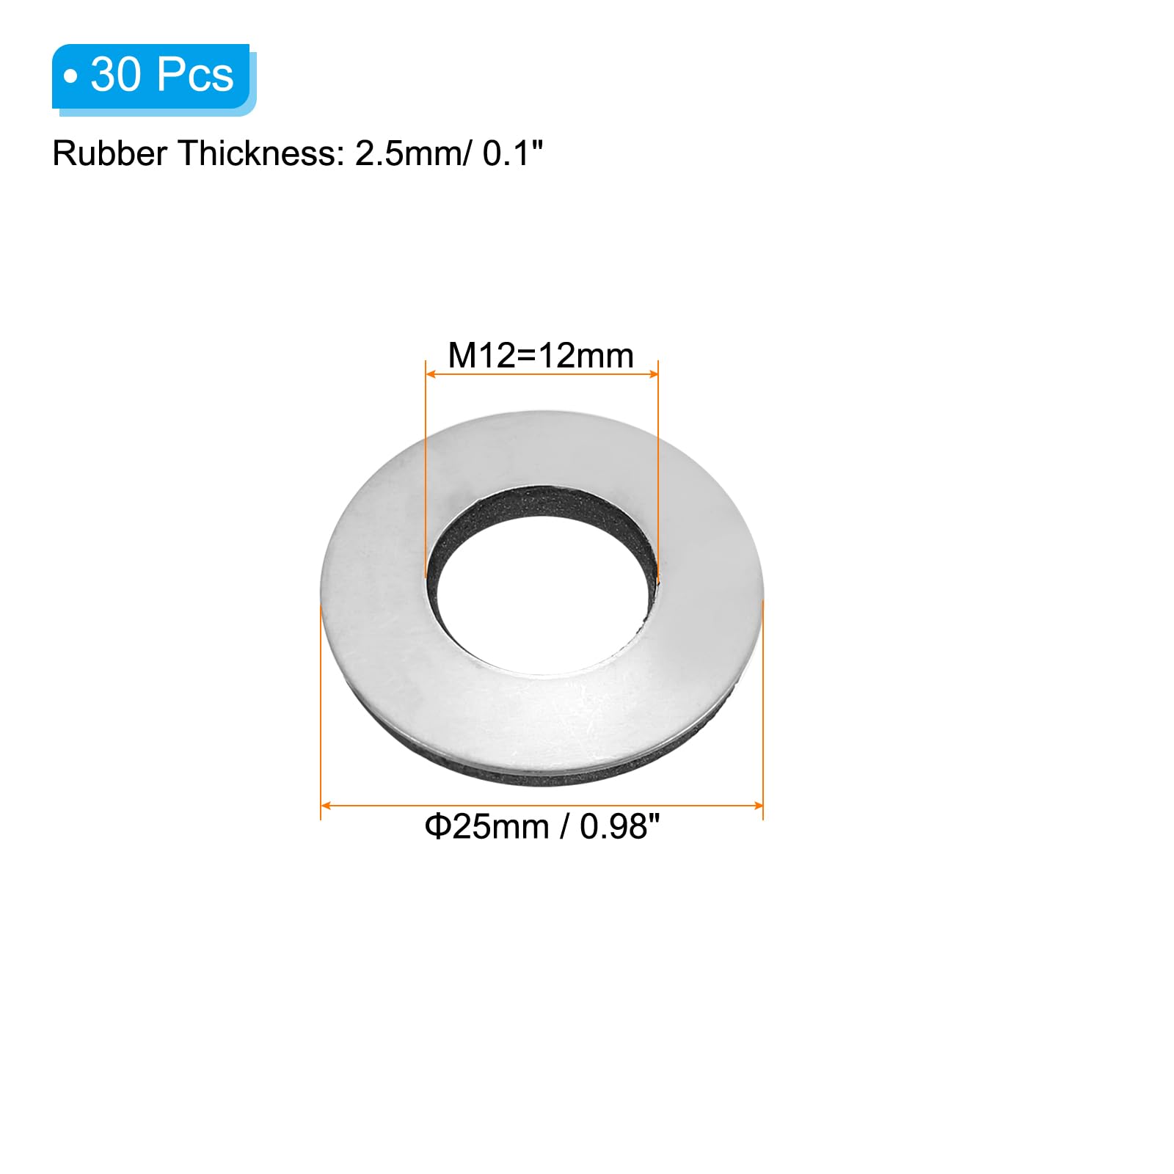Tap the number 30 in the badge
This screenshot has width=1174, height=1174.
[x=116, y=75]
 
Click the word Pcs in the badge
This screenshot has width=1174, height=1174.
[x=195, y=75]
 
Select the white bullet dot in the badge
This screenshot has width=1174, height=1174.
[x=70, y=76]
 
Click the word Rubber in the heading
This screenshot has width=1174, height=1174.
[x=109, y=153]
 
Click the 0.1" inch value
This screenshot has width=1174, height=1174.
[x=513, y=153]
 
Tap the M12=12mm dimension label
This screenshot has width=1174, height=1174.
[x=541, y=356]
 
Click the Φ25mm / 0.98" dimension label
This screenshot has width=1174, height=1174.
[x=542, y=826]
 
